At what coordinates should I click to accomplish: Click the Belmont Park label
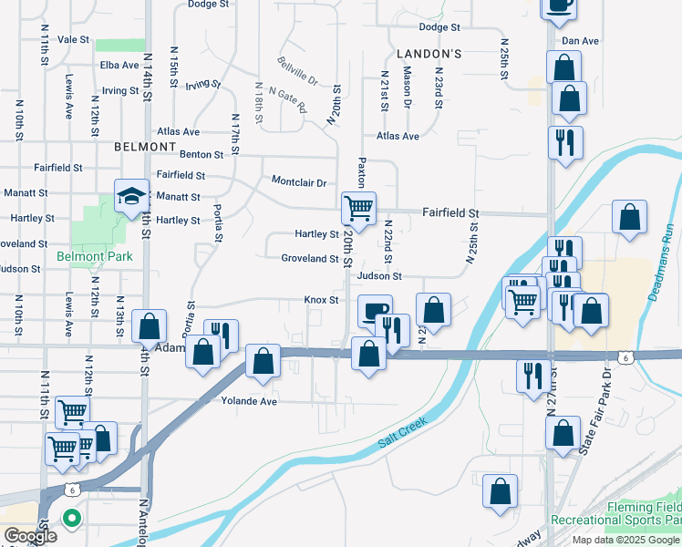pyautogui.click(x=94, y=256)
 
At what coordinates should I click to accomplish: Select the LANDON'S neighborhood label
pyautogui.click(x=429, y=54)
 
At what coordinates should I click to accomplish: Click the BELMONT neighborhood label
pyautogui.click(x=145, y=146)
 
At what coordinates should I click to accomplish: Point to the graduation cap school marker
pyautogui.click(x=131, y=195)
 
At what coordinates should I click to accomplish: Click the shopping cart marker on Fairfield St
pyautogui.click(x=358, y=208)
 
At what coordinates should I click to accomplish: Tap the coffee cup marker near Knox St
pyautogui.click(x=374, y=310)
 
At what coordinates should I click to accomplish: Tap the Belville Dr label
pyautogui.click(x=298, y=72)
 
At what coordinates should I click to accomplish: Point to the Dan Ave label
pyautogui.click(x=580, y=41)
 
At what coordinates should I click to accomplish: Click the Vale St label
pyautogui.click(x=73, y=40)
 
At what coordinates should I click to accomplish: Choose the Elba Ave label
pyautogui.click(x=119, y=65)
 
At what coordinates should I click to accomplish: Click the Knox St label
pyautogui.click(x=321, y=300)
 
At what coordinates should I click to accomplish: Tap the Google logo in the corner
pyautogui.click(x=30, y=537)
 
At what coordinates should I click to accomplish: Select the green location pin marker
pyautogui.click(x=72, y=518)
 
